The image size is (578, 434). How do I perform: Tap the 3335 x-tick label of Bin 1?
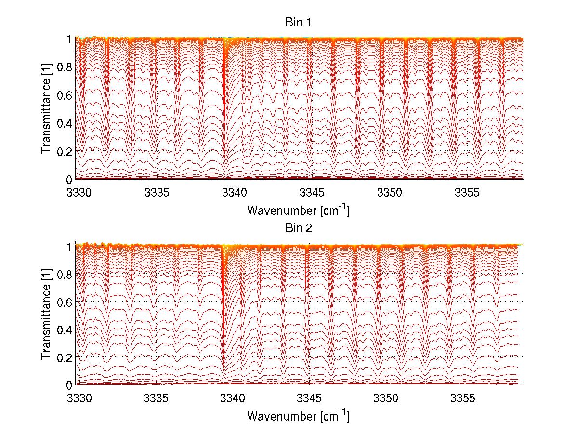157,193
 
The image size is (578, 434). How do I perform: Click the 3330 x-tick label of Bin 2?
79,399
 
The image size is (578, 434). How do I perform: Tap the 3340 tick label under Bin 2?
233,399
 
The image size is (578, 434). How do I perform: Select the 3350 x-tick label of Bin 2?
386,399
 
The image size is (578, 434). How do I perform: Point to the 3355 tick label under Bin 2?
463,399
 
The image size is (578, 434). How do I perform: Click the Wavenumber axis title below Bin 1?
298,210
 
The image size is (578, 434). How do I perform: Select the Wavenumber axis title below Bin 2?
298,416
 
